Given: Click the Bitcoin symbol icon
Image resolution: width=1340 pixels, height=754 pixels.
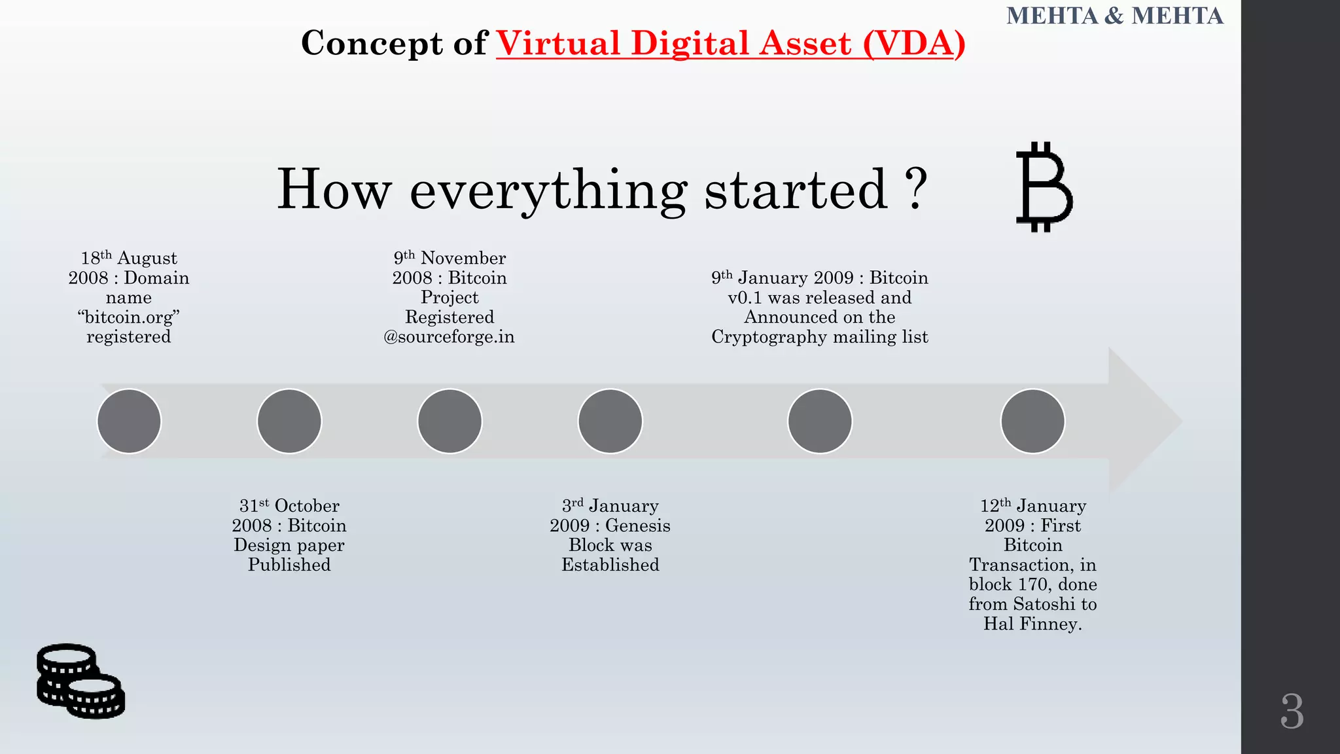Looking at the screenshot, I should point(1044,187).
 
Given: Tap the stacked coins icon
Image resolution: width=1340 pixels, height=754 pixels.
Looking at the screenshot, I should point(80,681).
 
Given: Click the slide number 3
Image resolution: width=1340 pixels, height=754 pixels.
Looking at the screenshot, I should point(1292,711).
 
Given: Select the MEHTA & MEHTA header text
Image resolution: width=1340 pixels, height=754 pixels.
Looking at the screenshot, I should point(1114,16).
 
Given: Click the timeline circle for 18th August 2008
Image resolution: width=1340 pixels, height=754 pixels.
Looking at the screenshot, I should point(129,421).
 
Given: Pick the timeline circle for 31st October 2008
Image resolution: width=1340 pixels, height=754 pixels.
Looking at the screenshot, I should point(289,421).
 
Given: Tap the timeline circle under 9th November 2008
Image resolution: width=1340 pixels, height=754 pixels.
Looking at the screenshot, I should point(450,421).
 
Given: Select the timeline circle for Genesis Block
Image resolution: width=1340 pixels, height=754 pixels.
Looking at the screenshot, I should point(610,421).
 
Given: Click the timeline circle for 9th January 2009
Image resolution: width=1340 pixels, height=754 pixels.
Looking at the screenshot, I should point(820,421).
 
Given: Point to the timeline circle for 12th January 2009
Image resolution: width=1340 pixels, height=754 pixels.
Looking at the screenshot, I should point(1032,421).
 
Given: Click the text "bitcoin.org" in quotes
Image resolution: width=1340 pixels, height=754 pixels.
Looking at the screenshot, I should point(129,317).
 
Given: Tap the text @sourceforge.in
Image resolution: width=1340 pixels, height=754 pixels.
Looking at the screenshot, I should point(449,337).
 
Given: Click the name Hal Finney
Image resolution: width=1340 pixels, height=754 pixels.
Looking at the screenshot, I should point(1032,624).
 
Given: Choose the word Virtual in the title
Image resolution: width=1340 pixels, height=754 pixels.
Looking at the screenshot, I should point(557,43).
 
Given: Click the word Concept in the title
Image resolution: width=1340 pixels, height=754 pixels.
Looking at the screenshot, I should point(372,43).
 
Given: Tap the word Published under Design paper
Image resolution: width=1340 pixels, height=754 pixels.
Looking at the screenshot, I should point(289,565).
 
